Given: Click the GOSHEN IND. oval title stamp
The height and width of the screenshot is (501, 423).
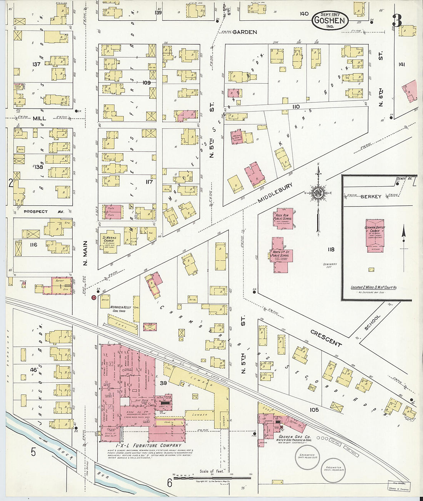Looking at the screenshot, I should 330,20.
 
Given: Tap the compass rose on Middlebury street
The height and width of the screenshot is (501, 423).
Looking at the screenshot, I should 318,193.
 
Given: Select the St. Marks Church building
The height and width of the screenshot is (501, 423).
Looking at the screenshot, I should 110,241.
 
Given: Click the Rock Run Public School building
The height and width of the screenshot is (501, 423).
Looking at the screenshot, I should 283,218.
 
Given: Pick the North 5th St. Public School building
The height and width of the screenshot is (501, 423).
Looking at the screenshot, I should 280,254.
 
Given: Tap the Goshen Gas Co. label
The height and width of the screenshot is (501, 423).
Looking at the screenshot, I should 294,437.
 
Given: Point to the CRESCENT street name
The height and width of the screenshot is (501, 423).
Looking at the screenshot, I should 326,337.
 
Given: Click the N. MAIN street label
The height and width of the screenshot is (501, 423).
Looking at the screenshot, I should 85,253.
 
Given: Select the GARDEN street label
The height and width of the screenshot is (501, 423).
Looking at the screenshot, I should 245,32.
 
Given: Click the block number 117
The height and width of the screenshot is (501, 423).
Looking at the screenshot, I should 149,182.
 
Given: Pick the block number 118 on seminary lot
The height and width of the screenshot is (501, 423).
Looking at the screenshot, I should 331,250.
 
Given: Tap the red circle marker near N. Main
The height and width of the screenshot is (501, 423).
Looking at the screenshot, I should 93,298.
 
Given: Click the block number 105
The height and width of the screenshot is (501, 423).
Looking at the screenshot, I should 314,410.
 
